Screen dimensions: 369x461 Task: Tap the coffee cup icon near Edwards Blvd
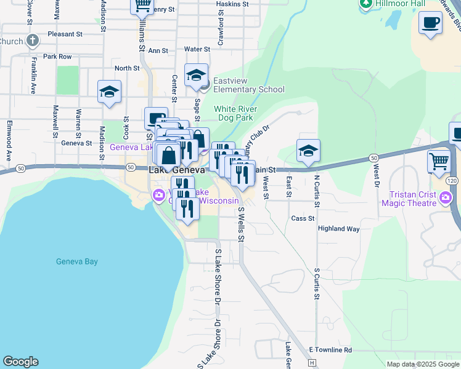click(x=430, y=23)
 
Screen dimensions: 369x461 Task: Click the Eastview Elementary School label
click(x=245, y=89)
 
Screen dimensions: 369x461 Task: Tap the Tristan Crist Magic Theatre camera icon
click(x=446, y=198)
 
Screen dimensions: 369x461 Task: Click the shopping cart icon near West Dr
click(x=439, y=161)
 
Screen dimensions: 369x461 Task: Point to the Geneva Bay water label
click(x=77, y=261)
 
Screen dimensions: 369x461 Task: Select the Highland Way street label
click(x=338, y=228)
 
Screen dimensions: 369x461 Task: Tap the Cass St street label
click(x=303, y=218)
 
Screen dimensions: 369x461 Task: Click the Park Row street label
click(x=57, y=57)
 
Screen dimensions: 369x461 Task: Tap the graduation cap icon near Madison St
click(x=109, y=92)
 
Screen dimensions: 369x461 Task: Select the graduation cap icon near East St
click(x=308, y=149)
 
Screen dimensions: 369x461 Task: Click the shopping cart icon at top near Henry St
click(x=142, y=5)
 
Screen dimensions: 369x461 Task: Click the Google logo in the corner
click(x=20, y=362)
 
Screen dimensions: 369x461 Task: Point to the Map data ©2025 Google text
click(x=423, y=364)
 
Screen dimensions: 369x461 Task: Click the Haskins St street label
click(x=232, y=4)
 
